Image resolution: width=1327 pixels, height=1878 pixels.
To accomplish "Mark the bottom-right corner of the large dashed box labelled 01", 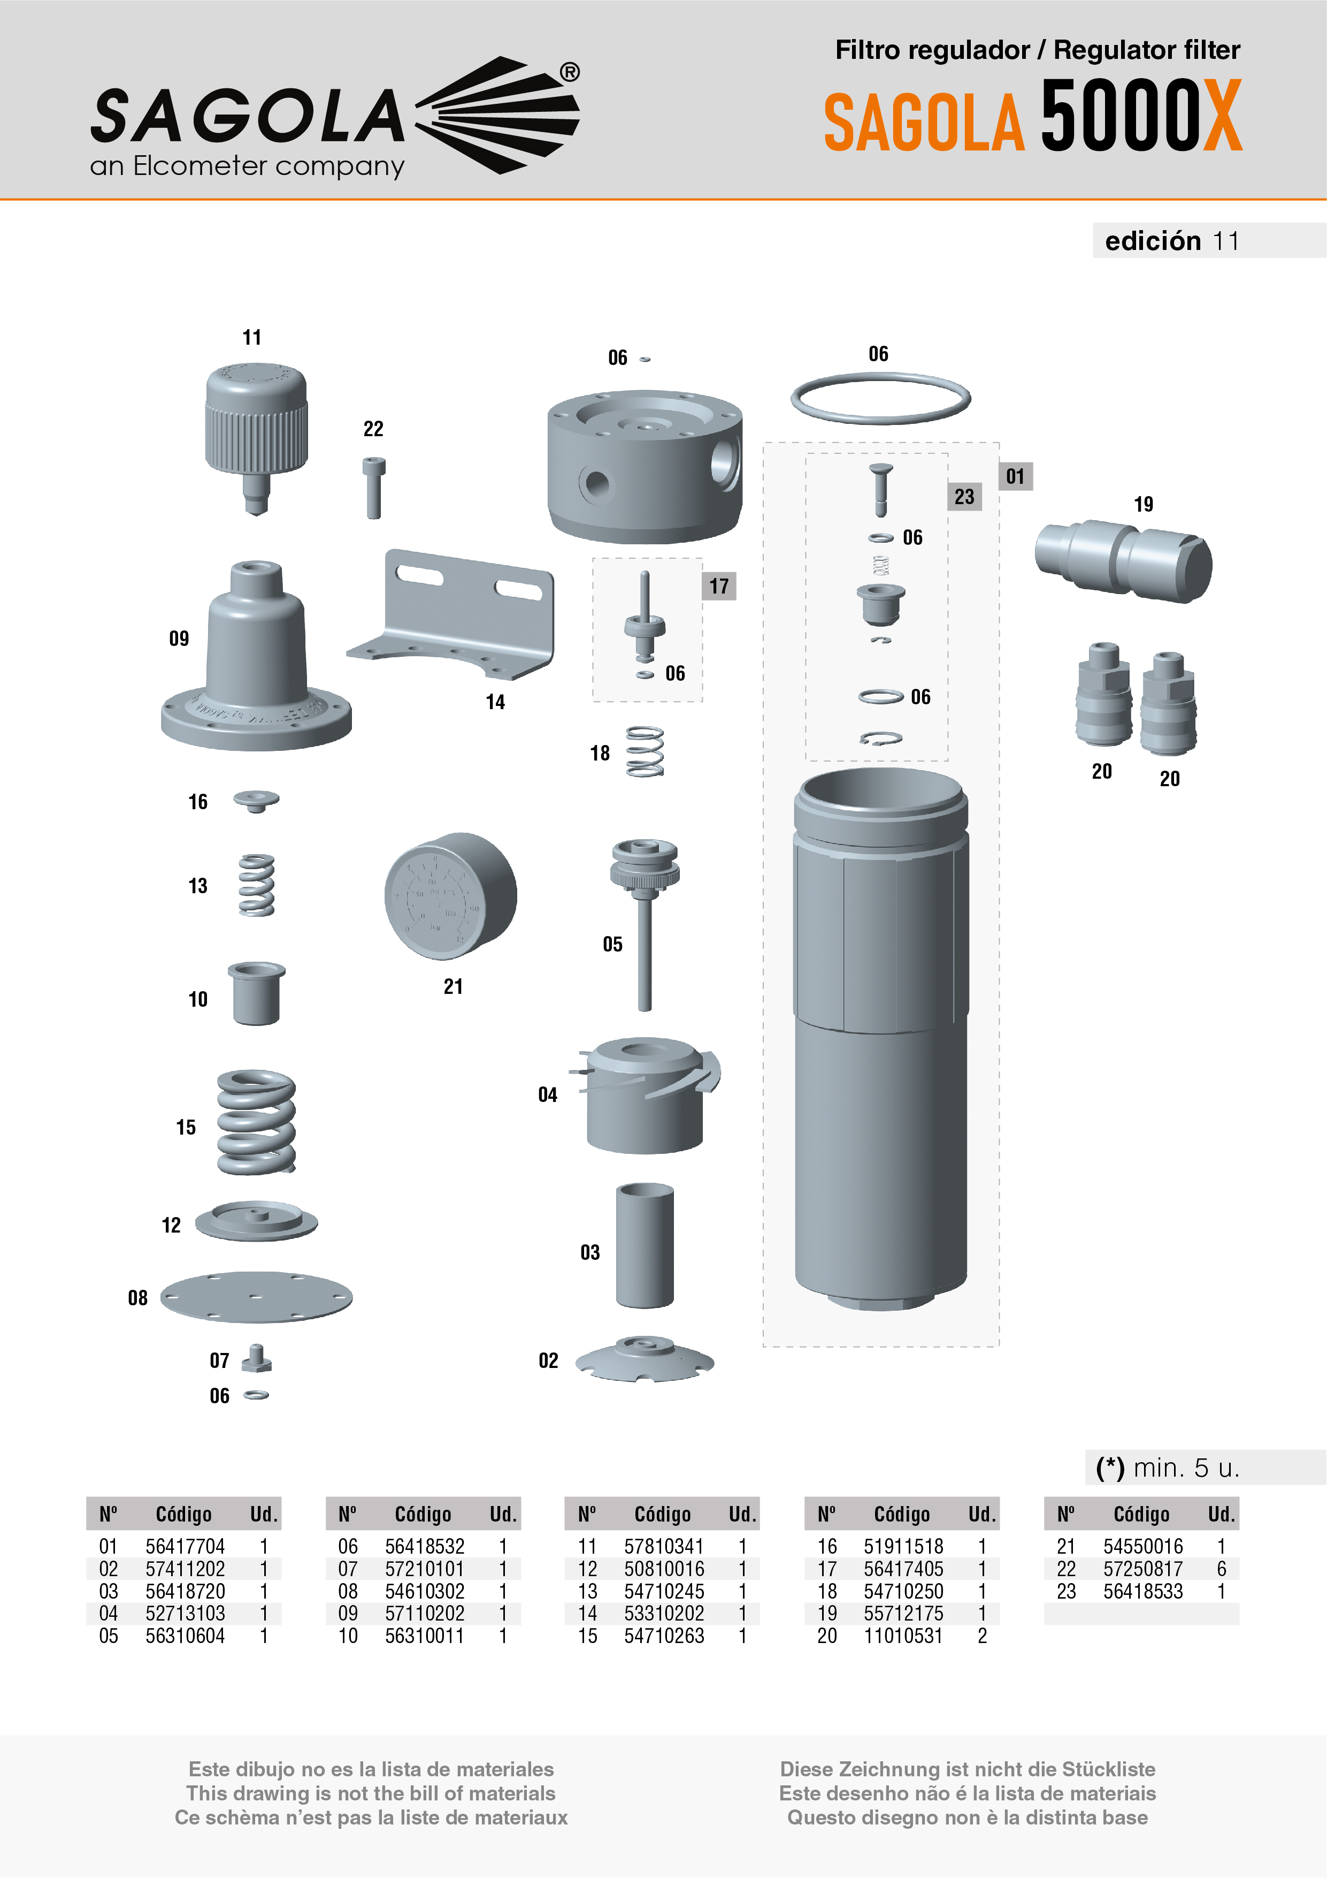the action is point(998,1347).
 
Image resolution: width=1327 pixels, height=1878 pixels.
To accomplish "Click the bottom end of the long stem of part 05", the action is point(645,1010).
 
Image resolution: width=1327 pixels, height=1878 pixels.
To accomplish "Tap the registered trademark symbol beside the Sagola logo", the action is point(570,73).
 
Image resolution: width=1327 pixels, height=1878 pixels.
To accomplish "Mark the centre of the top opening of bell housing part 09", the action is point(257,567).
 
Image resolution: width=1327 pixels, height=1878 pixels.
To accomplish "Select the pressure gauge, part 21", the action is point(450,895).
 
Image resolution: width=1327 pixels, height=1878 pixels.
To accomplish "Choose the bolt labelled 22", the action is point(374,488).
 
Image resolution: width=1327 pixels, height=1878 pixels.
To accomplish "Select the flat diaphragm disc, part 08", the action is point(256,1296).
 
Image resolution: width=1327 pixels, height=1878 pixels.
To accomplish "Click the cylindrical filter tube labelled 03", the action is point(645,1245).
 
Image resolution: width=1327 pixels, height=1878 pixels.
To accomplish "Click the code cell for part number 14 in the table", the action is point(664,1614).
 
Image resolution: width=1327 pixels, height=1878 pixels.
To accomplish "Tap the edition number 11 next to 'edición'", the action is point(1225,241).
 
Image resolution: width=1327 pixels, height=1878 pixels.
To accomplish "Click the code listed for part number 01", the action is point(185,1547).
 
